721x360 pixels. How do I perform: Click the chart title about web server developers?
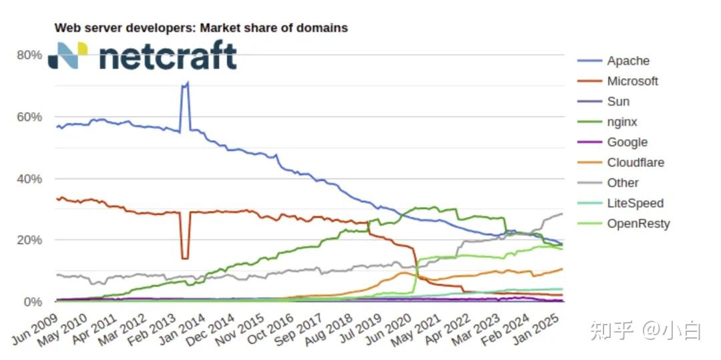[200, 28]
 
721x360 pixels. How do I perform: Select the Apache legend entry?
[628, 61]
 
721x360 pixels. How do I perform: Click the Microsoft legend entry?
[632, 81]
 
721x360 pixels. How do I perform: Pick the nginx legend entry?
[622, 122]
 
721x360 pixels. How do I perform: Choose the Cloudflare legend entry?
[635, 162]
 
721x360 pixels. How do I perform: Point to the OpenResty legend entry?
[638, 224]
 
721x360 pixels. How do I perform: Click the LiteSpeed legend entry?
[635, 203]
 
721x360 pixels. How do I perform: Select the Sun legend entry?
[618, 102]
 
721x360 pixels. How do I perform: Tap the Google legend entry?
[627, 142]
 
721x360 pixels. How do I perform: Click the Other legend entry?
[622, 183]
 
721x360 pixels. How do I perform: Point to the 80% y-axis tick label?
[29, 55]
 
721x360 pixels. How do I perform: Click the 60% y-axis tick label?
[29, 117]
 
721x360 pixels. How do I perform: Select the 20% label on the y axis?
[29, 240]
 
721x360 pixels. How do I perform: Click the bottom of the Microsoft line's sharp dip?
[185, 258]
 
